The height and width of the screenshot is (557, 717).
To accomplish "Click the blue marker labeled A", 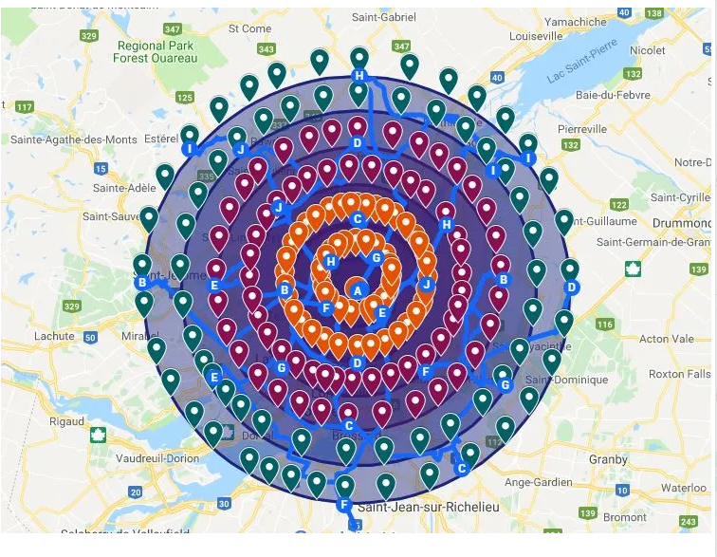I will (358, 289).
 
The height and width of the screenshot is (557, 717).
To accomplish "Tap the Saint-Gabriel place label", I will (383, 17).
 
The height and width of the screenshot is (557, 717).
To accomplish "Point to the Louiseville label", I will (537, 36).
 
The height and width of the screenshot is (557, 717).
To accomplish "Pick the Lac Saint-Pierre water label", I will (580, 66).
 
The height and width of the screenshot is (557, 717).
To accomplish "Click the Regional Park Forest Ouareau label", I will (156, 51).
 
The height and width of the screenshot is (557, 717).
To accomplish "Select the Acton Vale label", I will (667, 339).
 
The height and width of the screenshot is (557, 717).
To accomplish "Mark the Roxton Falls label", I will (679, 374).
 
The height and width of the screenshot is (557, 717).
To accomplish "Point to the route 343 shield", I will (267, 49).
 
